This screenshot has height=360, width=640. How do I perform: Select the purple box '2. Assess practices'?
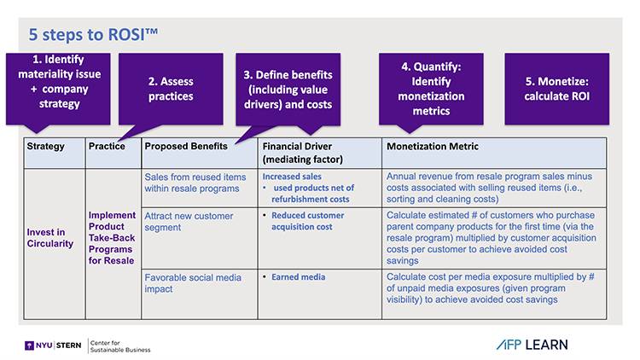click(x=171, y=89)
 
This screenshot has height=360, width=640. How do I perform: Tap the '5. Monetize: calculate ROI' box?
click(x=557, y=89)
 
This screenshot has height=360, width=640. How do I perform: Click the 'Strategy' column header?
click(x=46, y=147)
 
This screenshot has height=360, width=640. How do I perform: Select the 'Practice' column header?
click(x=107, y=147)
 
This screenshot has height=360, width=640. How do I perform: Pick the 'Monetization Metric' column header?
click(x=433, y=147)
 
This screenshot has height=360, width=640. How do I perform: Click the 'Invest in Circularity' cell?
click(x=50, y=238)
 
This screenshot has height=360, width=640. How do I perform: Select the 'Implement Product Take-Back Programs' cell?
click(x=112, y=233)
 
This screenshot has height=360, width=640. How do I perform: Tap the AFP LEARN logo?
click(x=530, y=345)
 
